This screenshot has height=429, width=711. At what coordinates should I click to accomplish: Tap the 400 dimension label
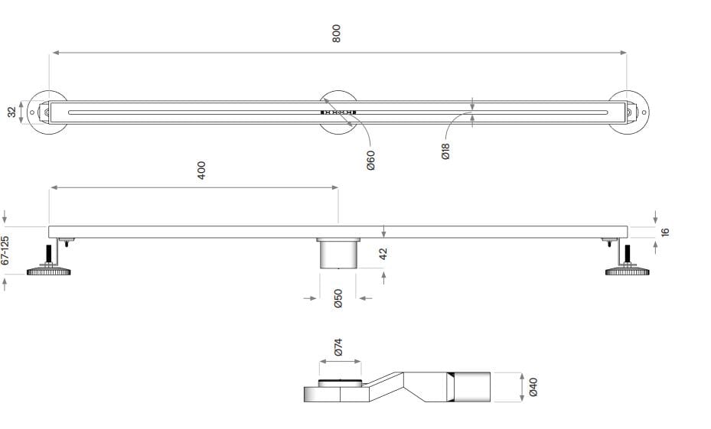(202, 170)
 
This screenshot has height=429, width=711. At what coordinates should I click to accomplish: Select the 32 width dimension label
(12, 112)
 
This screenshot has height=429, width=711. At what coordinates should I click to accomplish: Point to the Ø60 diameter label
(370, 160)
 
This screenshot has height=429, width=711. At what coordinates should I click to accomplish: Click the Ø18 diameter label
(446, 151)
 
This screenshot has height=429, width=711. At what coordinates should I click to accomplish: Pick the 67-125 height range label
(6, 250)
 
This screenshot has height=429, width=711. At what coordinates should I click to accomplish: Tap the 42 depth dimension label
(384, 252)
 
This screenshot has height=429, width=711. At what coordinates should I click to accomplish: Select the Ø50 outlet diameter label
(338, 298)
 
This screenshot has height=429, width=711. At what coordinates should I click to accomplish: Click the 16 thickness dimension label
(665, 231)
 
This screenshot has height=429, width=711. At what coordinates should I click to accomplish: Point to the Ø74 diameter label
(338, 348)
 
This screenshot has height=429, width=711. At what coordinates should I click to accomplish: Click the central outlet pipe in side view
(338, 253)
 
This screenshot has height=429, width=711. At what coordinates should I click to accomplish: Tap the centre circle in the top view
(338, 112)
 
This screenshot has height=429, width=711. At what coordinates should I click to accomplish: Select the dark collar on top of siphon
(338, 382)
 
